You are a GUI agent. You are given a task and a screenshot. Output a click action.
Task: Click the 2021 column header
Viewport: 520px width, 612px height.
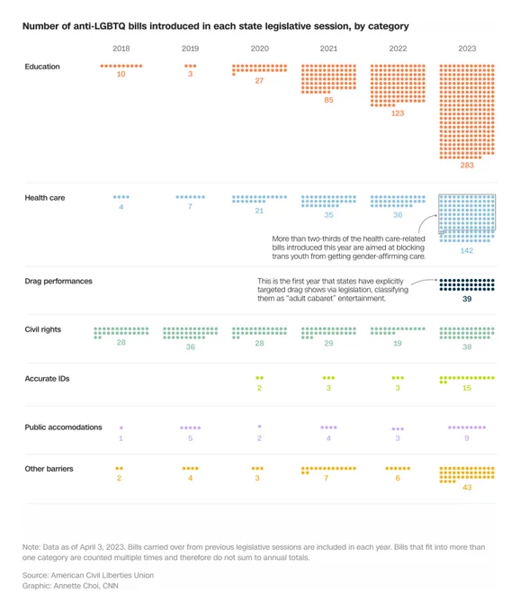tap(328, 49)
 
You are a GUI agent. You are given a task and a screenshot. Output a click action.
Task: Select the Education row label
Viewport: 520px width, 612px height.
tap(42, 67)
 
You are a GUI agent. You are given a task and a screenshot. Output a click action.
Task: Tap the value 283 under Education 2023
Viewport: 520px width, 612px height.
tap(467, 165)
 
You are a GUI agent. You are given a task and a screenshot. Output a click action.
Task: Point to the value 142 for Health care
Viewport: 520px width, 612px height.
tap(467, 250)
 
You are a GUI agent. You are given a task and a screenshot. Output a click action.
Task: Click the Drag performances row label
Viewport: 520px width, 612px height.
tap(58, 281)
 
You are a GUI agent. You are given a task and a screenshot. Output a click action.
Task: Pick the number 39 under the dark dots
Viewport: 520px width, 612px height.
tap(467, 299)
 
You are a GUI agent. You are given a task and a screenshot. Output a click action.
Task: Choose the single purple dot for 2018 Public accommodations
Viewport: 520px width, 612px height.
tap(121, 427)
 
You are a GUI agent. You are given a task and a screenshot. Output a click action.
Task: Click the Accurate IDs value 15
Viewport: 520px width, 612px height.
tap(467, 388)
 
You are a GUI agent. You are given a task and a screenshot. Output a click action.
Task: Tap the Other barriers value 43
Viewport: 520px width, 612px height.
tap(467, 488)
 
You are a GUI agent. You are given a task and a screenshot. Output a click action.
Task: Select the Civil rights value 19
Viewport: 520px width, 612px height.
tap(397, 344)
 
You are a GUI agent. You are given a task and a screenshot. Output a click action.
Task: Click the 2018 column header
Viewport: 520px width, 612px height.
tap(121, 49)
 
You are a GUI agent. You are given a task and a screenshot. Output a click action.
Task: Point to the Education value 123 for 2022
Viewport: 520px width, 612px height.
tap(398, 113)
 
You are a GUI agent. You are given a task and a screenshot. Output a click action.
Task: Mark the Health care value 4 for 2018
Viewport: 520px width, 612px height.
tap(121, 207)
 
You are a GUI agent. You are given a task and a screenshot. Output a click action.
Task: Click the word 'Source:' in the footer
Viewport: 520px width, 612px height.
tap(35, 575)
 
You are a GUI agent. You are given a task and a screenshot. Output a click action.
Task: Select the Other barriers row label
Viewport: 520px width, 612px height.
tap(49, 469)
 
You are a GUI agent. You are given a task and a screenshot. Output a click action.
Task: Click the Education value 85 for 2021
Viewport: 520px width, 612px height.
tap(328, 100)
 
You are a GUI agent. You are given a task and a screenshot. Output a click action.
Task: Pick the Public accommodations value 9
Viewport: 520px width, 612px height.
tap(467, 438)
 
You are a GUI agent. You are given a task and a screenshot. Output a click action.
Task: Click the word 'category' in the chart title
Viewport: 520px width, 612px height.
tap(388, 26)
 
